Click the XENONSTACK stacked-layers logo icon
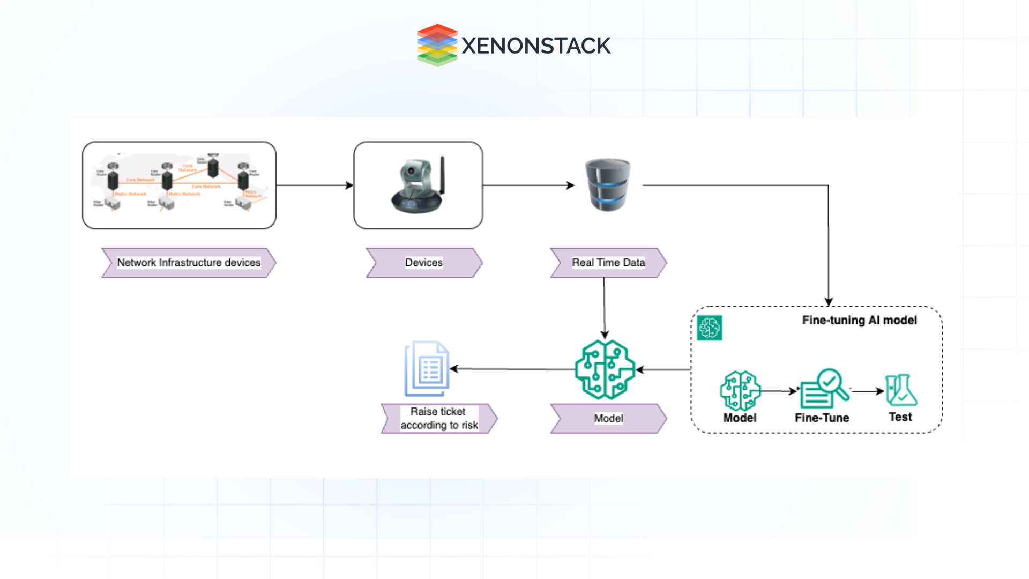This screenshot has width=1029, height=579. click(437, 45)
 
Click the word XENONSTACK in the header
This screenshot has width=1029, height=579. click(535, 46)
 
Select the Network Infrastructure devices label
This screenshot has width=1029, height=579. click(189, 263)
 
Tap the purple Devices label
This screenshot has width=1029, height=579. click(424, 263)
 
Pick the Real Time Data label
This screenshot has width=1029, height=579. click(608, 263)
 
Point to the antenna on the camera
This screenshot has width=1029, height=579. click(443, 174)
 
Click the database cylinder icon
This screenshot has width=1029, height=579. click(608, 185)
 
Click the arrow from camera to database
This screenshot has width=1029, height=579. click(528, 185)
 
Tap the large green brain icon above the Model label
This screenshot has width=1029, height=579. click(605, 369)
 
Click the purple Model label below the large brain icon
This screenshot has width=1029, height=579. click(608, 418)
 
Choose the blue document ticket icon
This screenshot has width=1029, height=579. click(427, 369)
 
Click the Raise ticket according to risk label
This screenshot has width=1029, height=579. click(439, 418)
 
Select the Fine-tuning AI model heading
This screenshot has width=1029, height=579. click(859, 320)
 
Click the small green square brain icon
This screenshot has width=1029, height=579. click(710, 328)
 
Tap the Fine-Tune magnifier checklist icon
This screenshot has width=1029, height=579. click(824, 389)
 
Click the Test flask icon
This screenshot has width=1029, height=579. click(901, 390)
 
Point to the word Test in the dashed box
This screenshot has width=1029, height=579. click(900, 417)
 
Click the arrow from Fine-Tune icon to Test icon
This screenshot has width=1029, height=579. click(867, 391)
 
